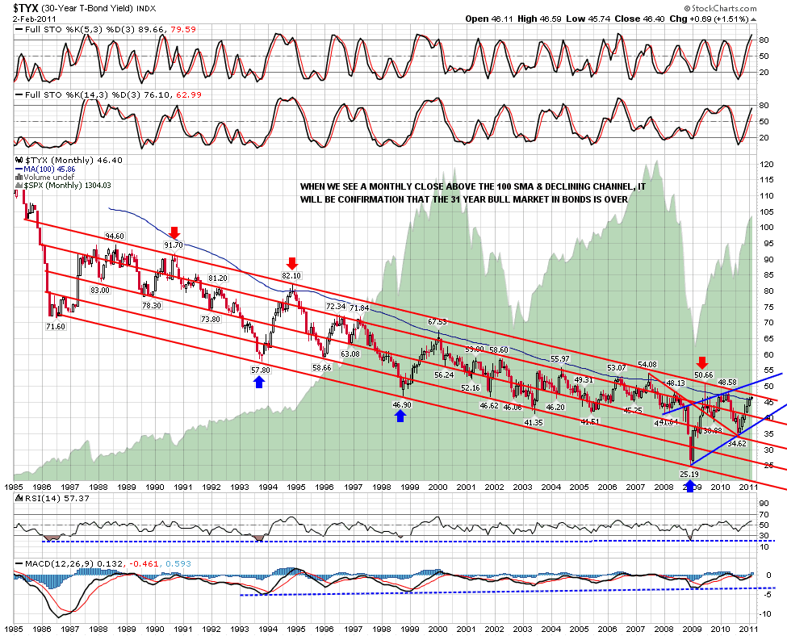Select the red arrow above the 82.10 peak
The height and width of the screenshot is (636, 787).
coord(292,263)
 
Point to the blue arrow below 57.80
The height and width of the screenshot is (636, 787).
coord(259,382)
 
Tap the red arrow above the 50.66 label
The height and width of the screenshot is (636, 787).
coord(703,362)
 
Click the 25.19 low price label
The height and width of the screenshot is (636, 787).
coord(689,475)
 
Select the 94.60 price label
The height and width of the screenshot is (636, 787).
coord(114,236)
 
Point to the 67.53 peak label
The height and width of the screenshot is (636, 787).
coord(437,322)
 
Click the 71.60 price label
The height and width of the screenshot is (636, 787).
coord(56,326)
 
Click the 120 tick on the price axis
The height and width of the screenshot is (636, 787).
coord(768,164)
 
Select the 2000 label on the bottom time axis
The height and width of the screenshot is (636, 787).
coord(437,626)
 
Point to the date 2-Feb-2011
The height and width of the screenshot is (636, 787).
coord(26,19)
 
